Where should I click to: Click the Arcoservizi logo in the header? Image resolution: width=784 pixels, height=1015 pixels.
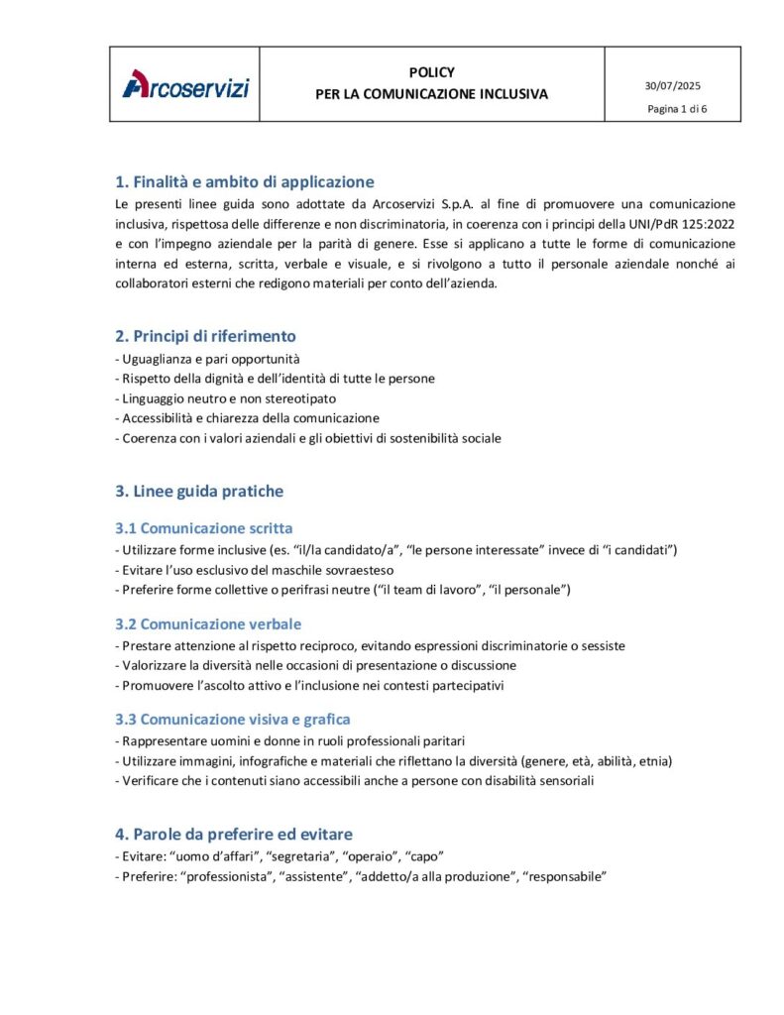pos(185,85)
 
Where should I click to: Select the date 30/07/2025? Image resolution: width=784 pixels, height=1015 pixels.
pos(673,86)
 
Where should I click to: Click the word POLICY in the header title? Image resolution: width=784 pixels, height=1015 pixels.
pos(431,72)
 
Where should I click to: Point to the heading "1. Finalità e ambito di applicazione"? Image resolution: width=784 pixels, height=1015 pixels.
pos(245,181)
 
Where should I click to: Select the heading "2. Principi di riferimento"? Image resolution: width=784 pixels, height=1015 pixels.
pos(205,336)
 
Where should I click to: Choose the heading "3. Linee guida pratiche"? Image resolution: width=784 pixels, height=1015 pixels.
pos(199,491)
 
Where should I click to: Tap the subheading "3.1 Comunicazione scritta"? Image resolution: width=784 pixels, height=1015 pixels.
pos(204,527)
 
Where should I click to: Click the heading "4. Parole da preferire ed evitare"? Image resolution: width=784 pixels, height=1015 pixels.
pos(234,834)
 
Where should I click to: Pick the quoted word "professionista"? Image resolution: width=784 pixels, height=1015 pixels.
pos(224,875)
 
